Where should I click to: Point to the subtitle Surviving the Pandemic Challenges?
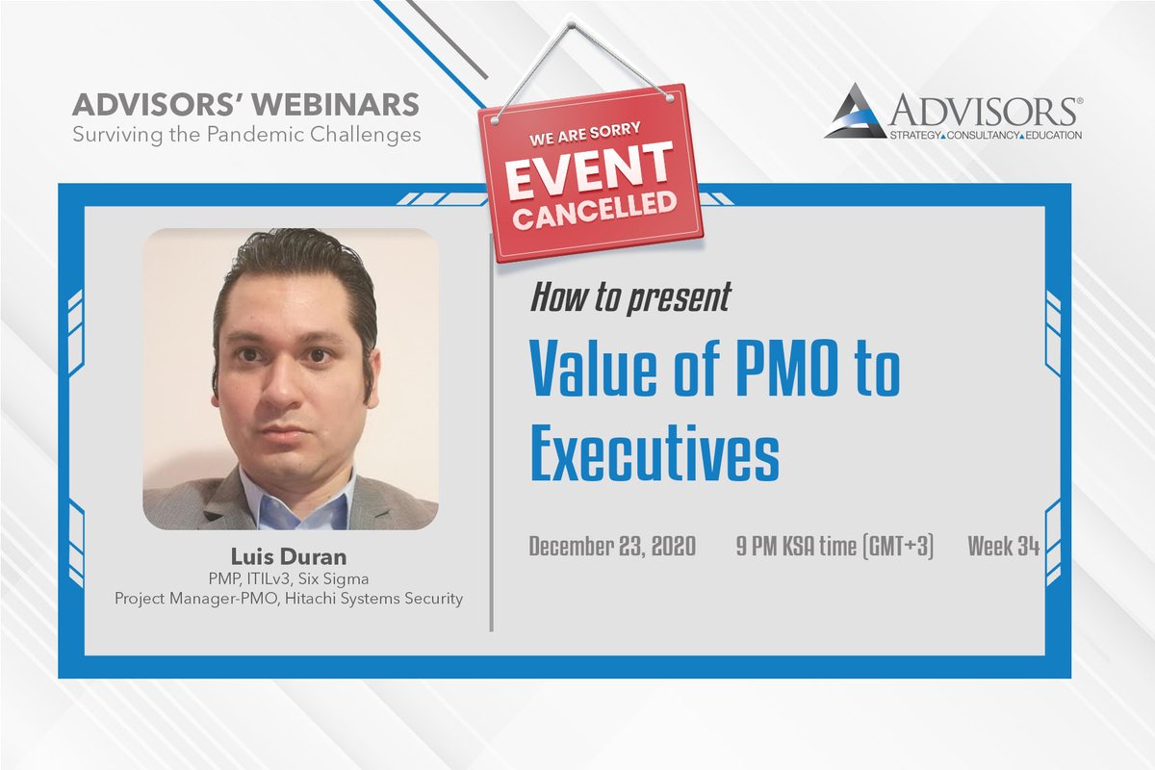246,134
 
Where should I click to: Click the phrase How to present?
629,298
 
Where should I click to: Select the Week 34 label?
1003,548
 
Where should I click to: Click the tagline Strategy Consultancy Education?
962,135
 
